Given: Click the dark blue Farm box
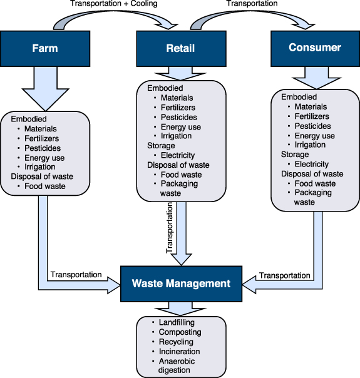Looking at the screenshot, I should point(46,48).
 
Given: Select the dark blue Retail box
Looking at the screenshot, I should point(180,48).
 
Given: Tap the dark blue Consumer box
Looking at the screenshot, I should point(314,48).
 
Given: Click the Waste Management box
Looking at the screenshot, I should point(181,283).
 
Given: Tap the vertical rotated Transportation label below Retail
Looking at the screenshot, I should point(169,231).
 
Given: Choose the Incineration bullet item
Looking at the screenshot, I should point(179,352).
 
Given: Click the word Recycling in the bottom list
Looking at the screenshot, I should point(176,342).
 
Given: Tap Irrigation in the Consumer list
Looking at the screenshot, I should point(310,145).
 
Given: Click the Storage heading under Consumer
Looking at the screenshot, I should point(295,155).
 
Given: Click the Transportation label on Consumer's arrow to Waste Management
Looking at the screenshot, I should point(284,275).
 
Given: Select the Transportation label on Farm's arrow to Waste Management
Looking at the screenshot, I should point(76,275).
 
